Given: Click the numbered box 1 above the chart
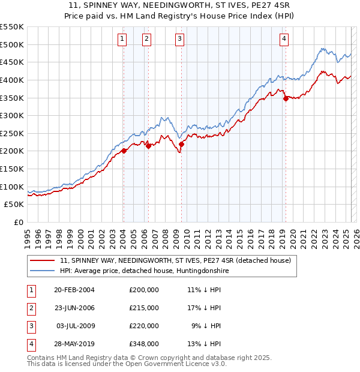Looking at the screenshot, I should [122, 40].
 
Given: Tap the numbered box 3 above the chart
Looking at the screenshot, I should [179, 40].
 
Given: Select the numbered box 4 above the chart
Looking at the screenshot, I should [284, 40].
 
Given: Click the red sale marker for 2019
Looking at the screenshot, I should [286, 98].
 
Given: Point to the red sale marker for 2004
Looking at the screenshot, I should [124, 151].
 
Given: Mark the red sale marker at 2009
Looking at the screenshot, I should [181, 144].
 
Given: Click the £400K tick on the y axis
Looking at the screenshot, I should [12, 80].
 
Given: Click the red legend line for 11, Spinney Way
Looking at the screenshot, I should [41, 260].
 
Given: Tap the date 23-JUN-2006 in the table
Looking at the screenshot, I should [74, 308].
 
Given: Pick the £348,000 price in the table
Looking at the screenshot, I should [144, 344].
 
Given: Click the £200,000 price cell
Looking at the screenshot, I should [144, 290].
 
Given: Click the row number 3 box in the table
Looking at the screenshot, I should [31, 326].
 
